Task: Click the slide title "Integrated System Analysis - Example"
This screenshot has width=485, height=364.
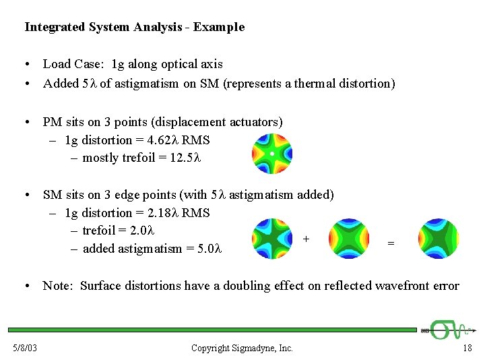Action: [134, 28]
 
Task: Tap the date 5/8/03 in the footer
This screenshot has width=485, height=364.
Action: [24, 348]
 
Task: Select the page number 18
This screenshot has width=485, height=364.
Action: [467, 348]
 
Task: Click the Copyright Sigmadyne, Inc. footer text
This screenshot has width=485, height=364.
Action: [242, 348]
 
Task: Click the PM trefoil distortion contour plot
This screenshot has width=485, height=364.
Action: [272, 154]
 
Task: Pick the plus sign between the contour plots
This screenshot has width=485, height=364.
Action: [306, 239]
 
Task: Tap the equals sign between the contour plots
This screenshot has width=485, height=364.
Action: [391, 243]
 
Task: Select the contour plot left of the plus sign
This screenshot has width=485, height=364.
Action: [272, 239]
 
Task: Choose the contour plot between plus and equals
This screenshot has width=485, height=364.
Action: [349, 239]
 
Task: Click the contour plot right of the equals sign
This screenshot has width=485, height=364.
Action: [437, 239]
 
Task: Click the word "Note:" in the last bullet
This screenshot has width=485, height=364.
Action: [58, 286]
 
